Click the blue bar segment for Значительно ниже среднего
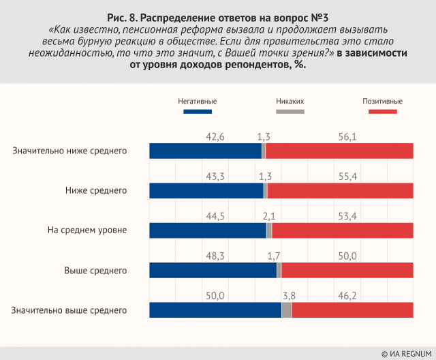205,151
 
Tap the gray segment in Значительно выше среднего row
286,310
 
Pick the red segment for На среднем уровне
342,230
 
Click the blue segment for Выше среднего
213,270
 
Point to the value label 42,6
215,136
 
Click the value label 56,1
347,136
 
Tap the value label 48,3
215,256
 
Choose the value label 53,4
347,216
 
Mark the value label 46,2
347,295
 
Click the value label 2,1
269,216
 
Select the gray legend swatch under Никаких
290,111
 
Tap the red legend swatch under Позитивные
381,111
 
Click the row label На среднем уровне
87,230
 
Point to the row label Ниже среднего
96,190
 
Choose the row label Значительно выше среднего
69,310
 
